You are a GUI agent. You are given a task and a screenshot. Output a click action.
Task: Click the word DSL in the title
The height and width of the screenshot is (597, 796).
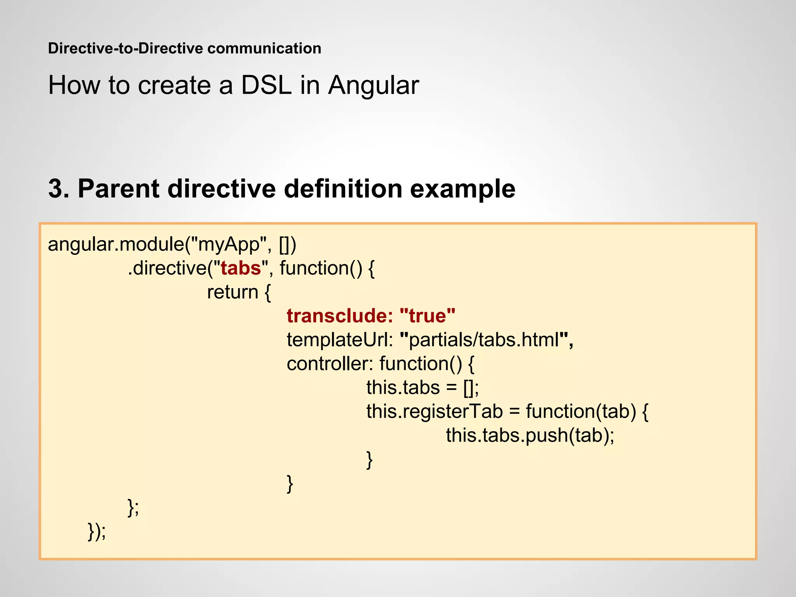pyautogui.click(x=266, y=85)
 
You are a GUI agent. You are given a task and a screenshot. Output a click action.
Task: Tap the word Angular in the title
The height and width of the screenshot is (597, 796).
pyautogui.click(x=373, y=85)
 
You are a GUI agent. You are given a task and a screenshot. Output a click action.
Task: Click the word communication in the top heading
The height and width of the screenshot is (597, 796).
pyautogui.click(x=264, y=49)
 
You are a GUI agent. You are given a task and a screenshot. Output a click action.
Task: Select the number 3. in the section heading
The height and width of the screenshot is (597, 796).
pyautogui.click(x=59, y=189)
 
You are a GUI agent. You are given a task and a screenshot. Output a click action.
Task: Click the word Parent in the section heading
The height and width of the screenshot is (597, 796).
pyautogui.click(x=119, y=189)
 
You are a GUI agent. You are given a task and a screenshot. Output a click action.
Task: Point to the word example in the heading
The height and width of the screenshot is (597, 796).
pyautogui.click(x=463, y=189)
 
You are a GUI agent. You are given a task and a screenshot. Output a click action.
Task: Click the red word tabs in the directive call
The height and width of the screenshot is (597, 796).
pyautogui.click(x=241, y=268)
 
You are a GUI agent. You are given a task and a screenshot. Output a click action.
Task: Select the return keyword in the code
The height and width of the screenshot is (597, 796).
pyautogui.click(x=232, y=292)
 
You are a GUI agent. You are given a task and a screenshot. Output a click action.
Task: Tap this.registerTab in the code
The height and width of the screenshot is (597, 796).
pyautogui.click(x=434, y=411)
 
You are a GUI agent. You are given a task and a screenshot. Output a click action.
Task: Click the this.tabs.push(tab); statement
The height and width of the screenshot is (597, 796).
pyautogui.click(x=530, y=435)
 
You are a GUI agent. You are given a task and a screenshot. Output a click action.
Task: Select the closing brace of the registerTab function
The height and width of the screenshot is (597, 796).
pyautogui.click(x=370, y=459)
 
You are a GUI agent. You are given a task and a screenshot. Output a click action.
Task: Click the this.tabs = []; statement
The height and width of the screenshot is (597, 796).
pyautogui.click(x=422, y=388)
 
